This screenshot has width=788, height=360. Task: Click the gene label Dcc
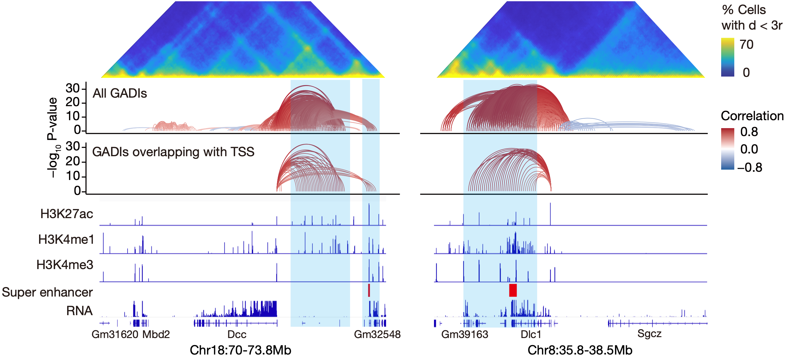point(237,334)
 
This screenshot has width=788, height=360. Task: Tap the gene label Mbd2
point(156,334)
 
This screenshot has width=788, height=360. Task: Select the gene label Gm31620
point(115,334)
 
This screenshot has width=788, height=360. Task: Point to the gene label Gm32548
point(377,334)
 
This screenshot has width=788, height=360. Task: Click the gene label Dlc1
point(531,334)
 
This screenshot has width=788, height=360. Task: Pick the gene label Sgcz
point(649,334)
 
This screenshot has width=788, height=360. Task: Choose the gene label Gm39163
point(464,334)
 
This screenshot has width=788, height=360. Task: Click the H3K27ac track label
point(67,214)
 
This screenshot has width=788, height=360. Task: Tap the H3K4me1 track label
point(66,239)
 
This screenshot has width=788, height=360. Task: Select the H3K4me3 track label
point(64,265)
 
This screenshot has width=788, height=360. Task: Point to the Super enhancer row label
point(47,292)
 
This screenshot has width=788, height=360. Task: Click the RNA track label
point(79,311)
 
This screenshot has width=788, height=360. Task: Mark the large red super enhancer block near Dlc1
point(513,290)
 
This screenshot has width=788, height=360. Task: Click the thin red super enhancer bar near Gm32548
point(369,290)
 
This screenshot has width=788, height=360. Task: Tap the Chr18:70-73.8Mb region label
point(240,350)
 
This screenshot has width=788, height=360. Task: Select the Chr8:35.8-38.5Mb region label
point(580,350)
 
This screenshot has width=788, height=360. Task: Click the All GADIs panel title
point(120,93)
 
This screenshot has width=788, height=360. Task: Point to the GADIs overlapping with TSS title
point(173,152)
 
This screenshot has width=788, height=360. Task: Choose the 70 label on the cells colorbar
point(746,45)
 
